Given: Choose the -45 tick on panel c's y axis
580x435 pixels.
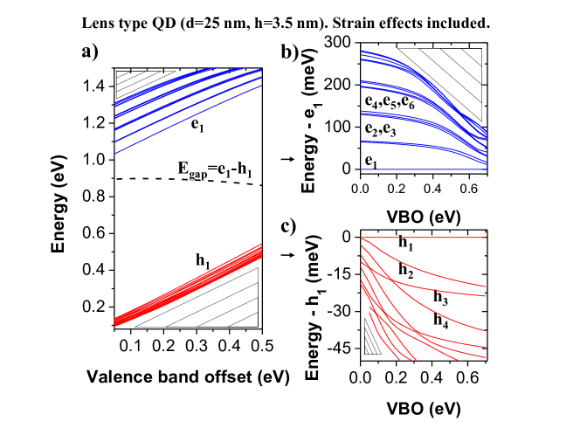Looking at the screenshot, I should pos(338,349).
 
